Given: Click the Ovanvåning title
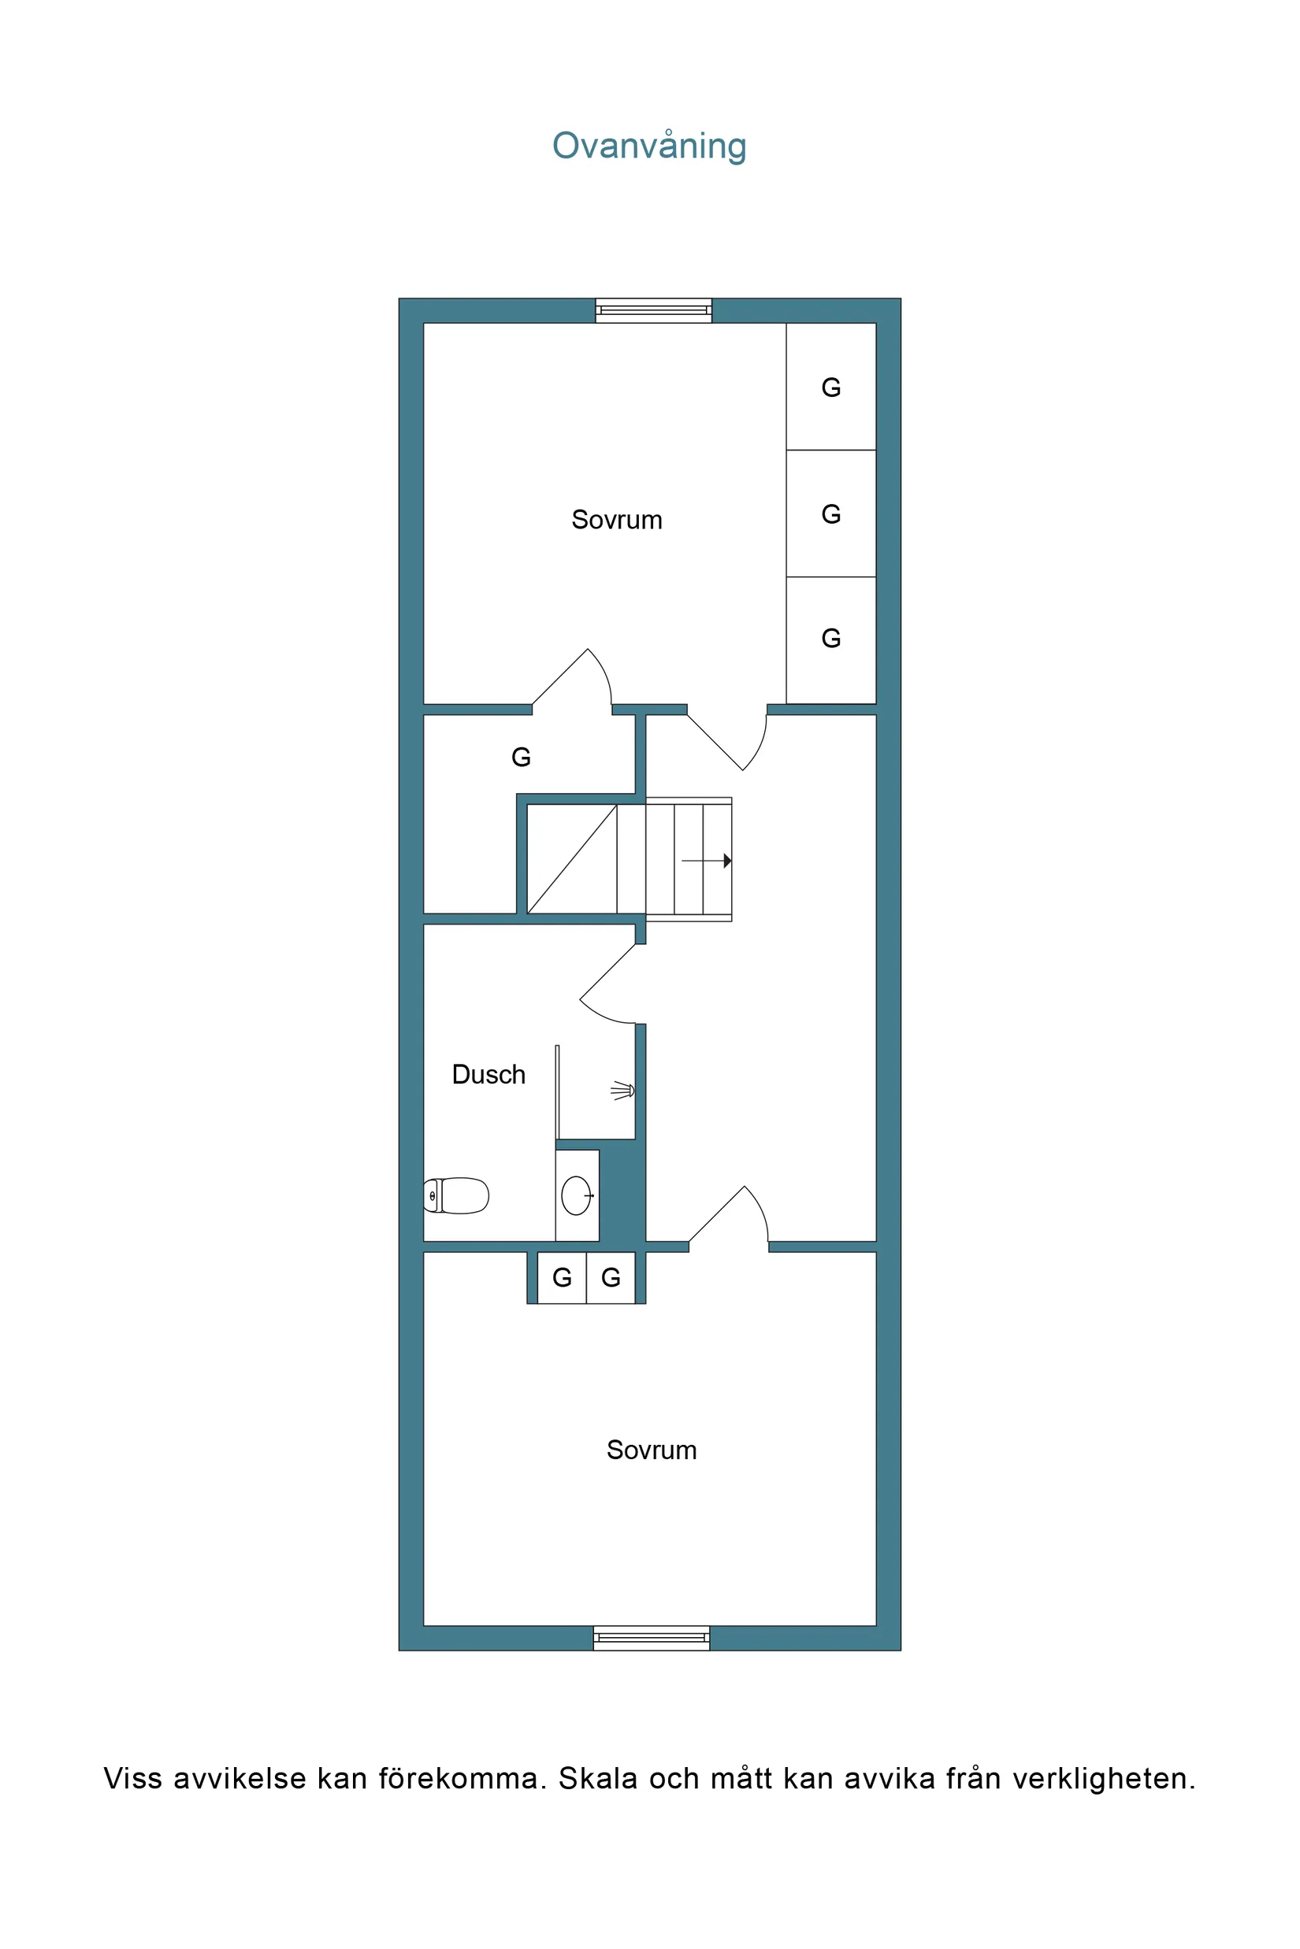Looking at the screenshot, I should coord(649,146).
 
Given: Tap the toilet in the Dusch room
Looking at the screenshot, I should coord(457,1195).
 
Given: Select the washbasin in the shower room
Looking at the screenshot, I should coord(576,1195).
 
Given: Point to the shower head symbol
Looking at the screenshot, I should coord(623,1091).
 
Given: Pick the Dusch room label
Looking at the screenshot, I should coord(488,1075).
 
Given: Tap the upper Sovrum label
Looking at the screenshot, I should coord(617,520).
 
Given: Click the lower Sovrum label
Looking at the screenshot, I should coord(652,1451).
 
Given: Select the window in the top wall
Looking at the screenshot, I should coord(653,311).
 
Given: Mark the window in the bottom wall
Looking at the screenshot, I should coord(652,1637).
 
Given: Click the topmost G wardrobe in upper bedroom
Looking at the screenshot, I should coord(830,387).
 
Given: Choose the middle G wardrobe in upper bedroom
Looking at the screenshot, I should coord(830,513).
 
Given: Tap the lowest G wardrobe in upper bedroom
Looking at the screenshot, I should coord(830,638).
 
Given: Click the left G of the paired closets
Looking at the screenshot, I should coord(562,1278).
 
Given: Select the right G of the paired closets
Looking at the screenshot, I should coord(611,1278).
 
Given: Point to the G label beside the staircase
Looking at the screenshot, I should coord(521,757).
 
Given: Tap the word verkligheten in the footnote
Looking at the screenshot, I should coord(1104,1778).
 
